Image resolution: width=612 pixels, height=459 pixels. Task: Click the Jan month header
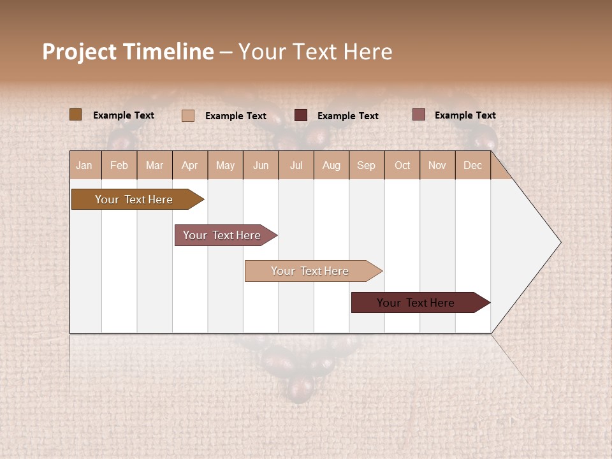coord(85,165)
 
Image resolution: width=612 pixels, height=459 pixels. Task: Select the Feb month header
coord(119,165)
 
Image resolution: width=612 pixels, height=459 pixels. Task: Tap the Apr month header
coord(190,165)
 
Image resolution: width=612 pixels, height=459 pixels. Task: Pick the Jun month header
coord(261,165)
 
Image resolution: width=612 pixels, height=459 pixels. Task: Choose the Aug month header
coord(331,165)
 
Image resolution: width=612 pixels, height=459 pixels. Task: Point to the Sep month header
coord(366,165)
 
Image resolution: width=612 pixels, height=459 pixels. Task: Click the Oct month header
coord(402,165)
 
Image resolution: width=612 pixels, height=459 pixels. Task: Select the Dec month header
coord(473,165)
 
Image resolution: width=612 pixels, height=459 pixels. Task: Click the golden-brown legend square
coord(75,115)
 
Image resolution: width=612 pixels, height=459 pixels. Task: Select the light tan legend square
coord(188,115)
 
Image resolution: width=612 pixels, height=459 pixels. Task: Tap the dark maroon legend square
coord(301,115)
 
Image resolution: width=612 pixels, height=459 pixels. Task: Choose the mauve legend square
coord(419,115)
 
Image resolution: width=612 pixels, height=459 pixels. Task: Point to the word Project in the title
coord(78,52)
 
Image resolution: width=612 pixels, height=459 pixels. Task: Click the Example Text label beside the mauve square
coord(465,115)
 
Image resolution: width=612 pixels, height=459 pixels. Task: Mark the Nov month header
coord(437,165)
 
